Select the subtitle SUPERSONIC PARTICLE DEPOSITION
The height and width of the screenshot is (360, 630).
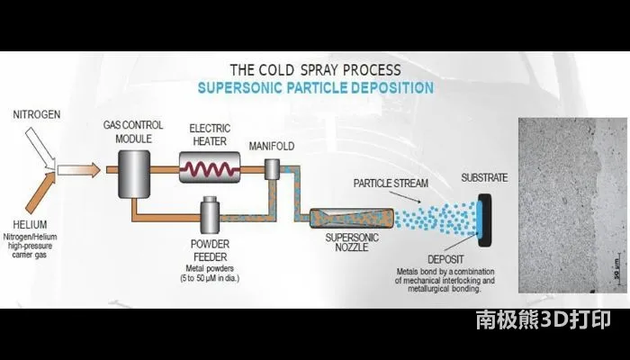click(x=315, y=88)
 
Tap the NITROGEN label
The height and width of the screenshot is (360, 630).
click(x=36, y=116)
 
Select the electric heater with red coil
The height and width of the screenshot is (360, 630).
click(x=209, y=167)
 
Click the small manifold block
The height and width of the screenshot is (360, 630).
click(x=272, y=168)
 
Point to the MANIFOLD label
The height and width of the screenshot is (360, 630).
click(x=273, y=145)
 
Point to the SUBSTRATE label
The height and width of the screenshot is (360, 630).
click(x=484, y=177)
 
